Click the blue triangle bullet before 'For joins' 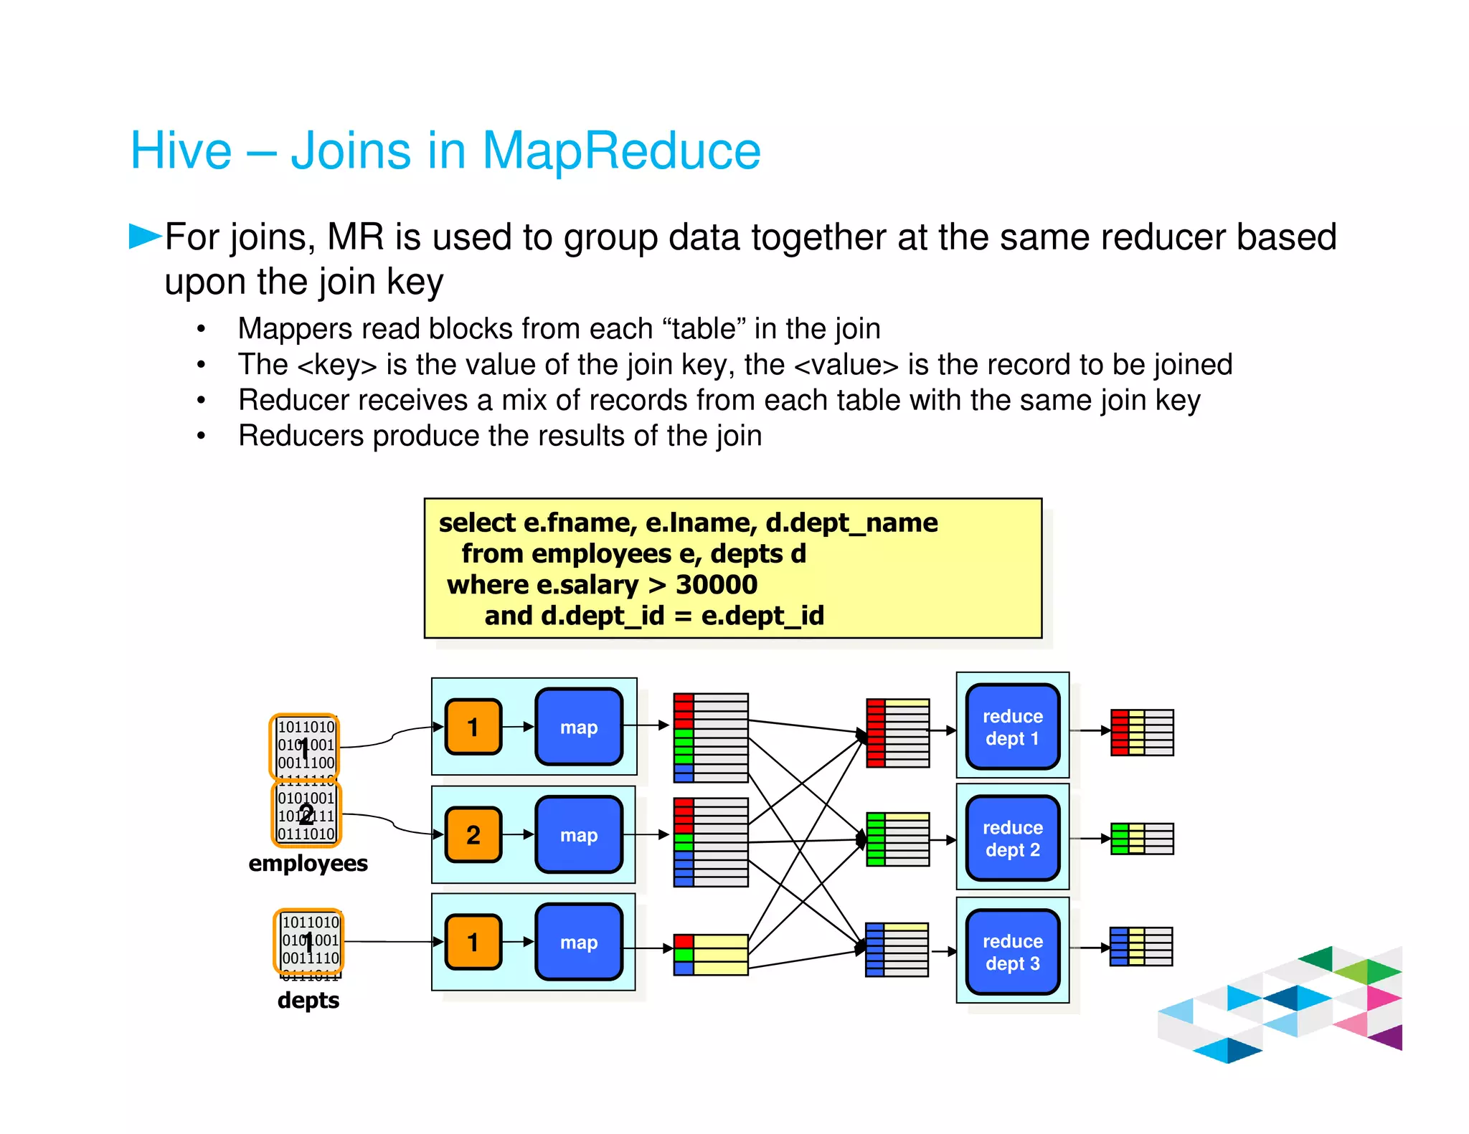144,236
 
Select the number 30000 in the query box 716,585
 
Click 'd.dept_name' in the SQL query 851,523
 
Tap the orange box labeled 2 473,834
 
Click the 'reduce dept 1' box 1012,727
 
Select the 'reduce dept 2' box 1012,838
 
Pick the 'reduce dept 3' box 1012,952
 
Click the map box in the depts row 578,942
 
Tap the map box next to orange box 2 578,834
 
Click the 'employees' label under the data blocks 308,863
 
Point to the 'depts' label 308,1000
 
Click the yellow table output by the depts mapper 711,954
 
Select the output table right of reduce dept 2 1142,838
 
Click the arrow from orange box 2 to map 518,834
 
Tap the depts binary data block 309,941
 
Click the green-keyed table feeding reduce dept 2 897,839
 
